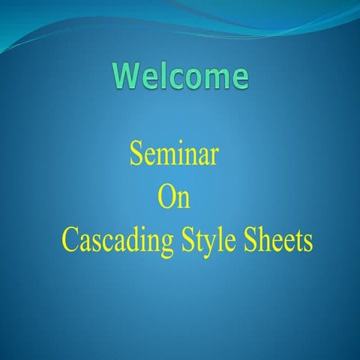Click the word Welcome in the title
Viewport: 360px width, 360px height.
pyautogui.click(x=181, y=76)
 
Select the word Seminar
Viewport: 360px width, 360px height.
pyautogui.click(x=174, y=155)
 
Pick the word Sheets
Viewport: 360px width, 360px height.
pyautogui.click(x=278, y=241)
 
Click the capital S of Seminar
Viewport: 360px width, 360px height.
pyautogui.click(x=136, y=155)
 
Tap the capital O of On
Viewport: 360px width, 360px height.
pyautogui.click(x=167, y=199)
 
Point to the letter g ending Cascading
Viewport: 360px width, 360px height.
pyautogui.click(x=169, y=246)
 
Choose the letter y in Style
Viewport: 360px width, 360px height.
pyautogui.click(x=211, y=246)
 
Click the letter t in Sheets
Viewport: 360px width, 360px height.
pyautogui.click(x=298, y=242)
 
